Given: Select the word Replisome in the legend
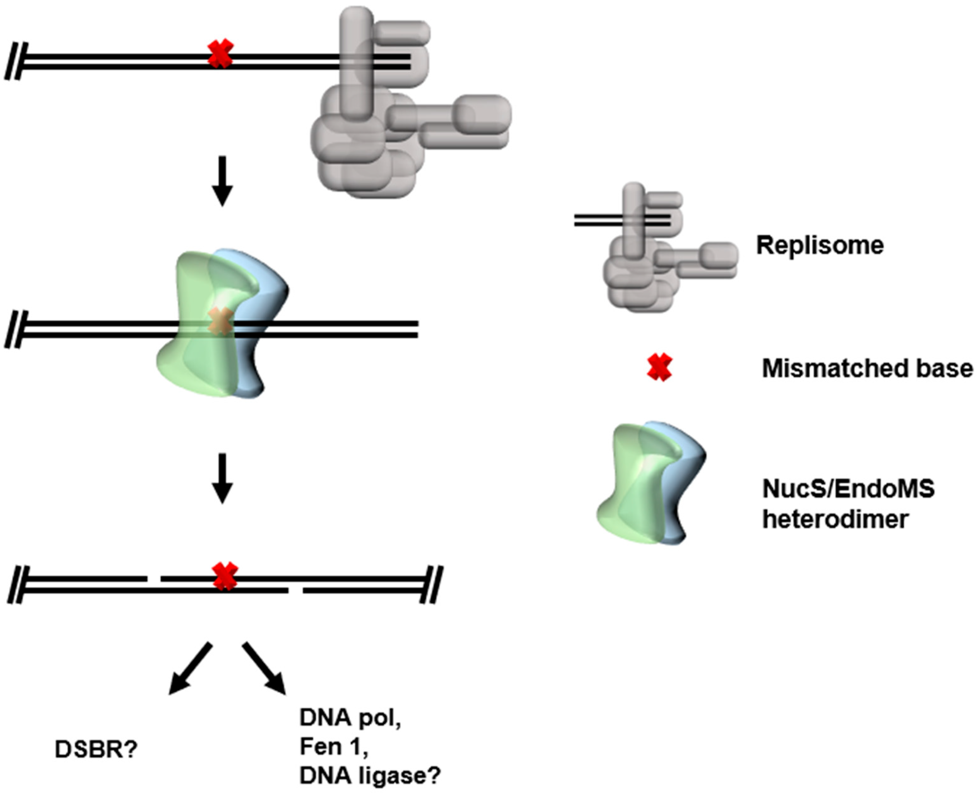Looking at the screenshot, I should [x=820, y=245].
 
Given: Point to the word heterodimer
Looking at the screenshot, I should [x=835, y=519].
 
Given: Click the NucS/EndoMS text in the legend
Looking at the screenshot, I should [x=848, y=489].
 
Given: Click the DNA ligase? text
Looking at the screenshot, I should [x=370, y=775].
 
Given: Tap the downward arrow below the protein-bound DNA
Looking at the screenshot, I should [x=222, y=479].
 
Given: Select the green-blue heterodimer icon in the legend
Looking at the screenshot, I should [x=650, y=483].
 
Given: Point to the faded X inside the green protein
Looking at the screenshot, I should [x=220, y=320].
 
